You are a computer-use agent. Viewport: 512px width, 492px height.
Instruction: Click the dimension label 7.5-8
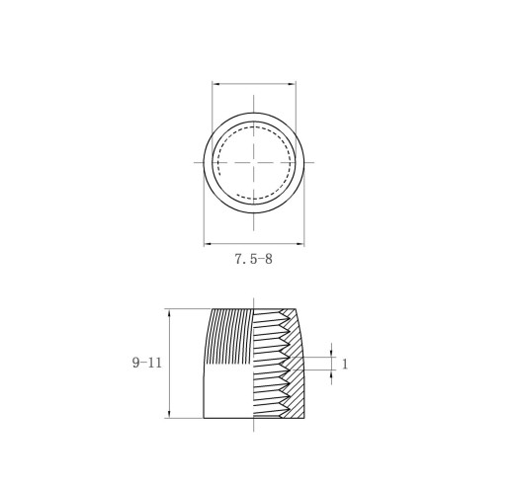tap(253, 259)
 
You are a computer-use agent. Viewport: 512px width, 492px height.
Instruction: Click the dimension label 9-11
tap(147, 363)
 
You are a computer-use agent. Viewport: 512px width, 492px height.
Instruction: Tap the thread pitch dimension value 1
tap(345, 364)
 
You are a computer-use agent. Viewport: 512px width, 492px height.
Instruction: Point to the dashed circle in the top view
tap(217, 163)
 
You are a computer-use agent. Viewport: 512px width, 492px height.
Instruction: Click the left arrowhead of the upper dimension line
tap(216, 84)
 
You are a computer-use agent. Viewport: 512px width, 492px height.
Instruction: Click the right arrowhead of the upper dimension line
tap(292, 84)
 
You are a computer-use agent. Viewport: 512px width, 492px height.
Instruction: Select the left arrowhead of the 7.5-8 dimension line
tap(208, 244)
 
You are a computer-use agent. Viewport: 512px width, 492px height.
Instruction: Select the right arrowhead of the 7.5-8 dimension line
tap(299, 244)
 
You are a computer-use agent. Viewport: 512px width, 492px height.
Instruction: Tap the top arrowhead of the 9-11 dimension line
tap(169, 313)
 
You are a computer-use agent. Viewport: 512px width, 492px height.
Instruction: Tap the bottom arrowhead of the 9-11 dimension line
tap(169, 414)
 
